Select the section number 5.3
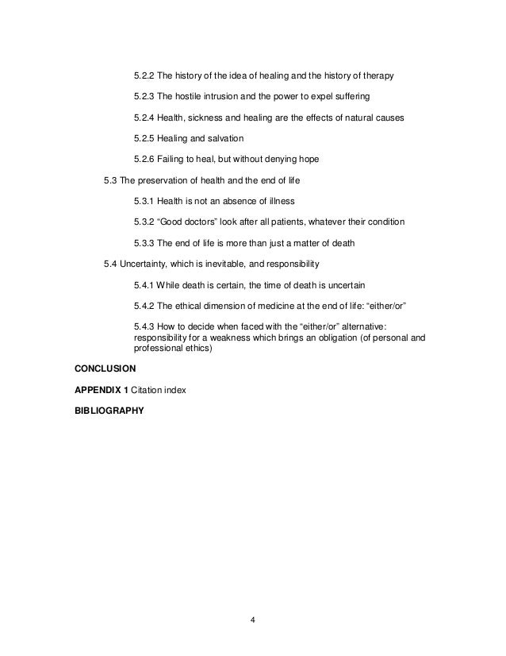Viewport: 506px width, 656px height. [110, 179]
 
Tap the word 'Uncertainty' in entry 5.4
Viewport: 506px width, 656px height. [145, 263]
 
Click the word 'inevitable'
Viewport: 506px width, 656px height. [224, 263]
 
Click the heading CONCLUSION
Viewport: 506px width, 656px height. [105, 369]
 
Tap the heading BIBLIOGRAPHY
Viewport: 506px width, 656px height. [109, 411]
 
